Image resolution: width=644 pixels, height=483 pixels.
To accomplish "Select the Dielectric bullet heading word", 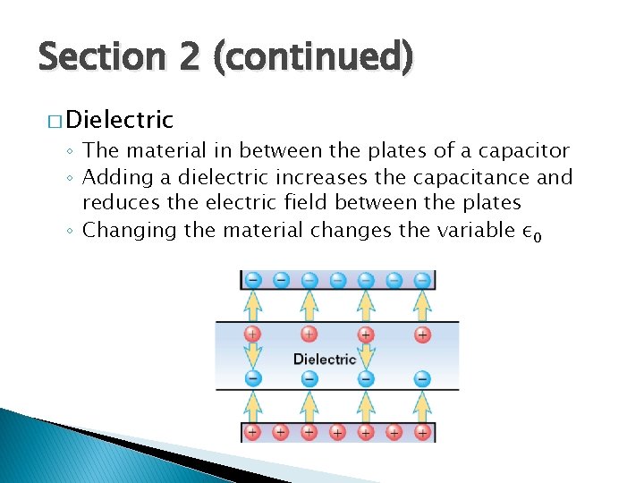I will (119, 119).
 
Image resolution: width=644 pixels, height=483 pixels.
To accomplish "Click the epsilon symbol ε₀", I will (532, 232).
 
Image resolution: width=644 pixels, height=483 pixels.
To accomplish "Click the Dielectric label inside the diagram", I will (325, 359).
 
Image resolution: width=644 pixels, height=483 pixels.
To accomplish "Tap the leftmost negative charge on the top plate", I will (252, 280).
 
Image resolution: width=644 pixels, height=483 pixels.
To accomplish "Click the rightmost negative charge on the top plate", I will (422, 280).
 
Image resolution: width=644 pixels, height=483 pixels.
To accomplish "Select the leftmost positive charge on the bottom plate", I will (252, 432).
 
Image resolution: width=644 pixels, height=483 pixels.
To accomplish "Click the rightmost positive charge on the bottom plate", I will (422, 432).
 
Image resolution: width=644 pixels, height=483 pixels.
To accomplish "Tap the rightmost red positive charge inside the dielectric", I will (422, 335).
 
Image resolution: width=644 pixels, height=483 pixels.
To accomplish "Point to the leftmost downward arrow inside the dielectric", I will (252, 356).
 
